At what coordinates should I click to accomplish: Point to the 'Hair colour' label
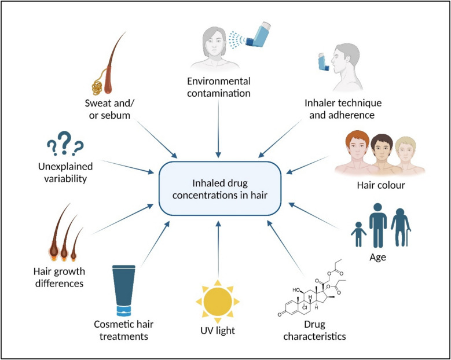pyautogui.click(x=380, y=187)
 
